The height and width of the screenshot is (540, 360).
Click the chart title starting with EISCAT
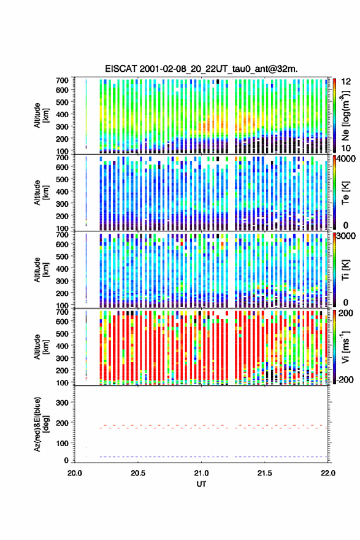click(x=201, y=69)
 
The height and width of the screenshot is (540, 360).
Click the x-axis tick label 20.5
click(x=138, y=473)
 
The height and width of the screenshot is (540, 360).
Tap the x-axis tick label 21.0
click(x=201, y=473)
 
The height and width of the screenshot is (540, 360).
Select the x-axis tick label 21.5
click(x=265, y=473)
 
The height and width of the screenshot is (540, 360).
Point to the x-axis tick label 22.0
click(x=328, y=473)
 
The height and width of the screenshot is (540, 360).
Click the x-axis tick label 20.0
click(x=75, y=473)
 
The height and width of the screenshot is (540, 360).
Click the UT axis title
click(x=201, y=484)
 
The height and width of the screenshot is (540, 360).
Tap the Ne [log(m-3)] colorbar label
click(x=345, y=115)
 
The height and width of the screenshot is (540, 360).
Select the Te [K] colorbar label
click(x=345, y=193)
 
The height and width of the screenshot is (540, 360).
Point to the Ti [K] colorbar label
click(x=345, y=270)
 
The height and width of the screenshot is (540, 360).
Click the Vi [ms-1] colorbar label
click(x=345, y=347)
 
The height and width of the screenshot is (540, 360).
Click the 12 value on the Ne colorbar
click(x=347, y=82)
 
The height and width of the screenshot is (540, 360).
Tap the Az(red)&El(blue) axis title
click(x=41, y=424)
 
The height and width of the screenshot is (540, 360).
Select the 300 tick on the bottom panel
click(x=63, y=403)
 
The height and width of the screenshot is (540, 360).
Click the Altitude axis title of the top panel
click(x=41, y=115)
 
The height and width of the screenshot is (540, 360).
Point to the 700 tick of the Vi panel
click(x=63, y=312)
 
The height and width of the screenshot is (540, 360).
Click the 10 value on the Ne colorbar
click(x=347, y=148)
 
